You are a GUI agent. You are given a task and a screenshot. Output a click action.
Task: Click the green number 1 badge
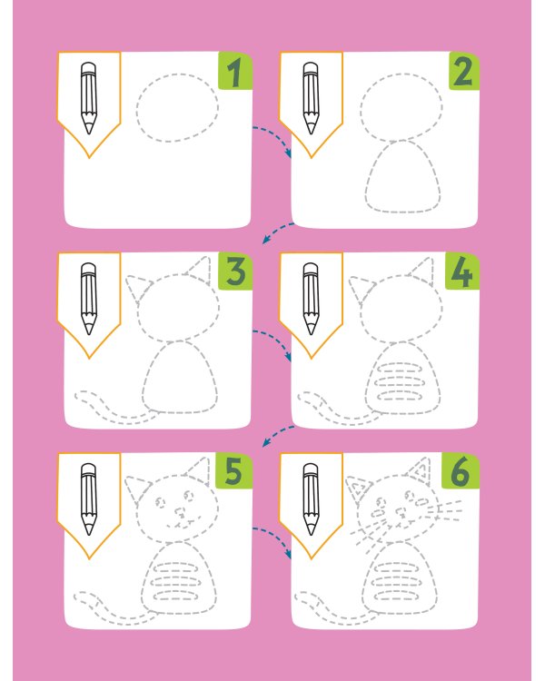[x=235, y=71]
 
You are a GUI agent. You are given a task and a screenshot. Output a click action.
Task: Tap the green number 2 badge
[x=464, y=71]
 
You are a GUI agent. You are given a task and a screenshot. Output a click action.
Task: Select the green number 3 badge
[x=235, y=271]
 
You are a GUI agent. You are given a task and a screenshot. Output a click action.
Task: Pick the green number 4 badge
[x=462, y=271]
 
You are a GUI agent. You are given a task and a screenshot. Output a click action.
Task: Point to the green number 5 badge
[x=233, y=471]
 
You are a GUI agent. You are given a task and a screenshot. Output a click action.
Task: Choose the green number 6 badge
[x=461, y=471]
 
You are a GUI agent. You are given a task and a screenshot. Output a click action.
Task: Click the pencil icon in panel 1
[x=89, y=98]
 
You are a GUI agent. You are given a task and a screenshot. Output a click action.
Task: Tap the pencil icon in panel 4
[x=311, y=299]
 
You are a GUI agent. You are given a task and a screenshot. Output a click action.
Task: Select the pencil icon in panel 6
[x=311, y=499]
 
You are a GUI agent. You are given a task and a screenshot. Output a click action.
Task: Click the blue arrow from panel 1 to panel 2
[x=277, y=134]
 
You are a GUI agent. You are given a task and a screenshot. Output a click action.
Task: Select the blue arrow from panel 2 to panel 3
[x=277, y=231]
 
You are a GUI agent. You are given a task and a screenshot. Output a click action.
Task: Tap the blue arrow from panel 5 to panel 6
[x=277, y=536]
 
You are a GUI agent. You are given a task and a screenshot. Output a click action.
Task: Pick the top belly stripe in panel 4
[x=399, y=369]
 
